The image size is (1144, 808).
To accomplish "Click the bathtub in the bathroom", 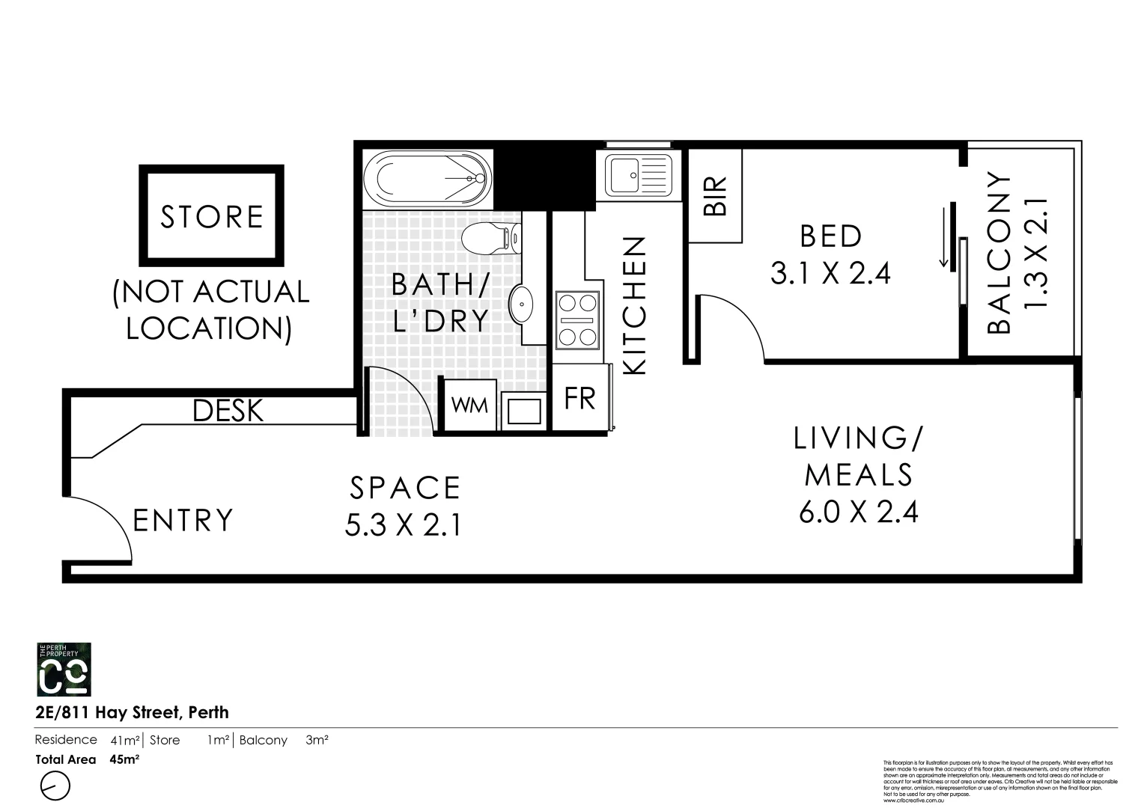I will coord(428,179).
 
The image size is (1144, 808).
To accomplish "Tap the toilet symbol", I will coord(490,239).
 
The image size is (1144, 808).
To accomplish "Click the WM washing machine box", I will coord(470,405).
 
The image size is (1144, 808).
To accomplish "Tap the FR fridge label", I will coord(579,400).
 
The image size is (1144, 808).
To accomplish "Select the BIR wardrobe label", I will coord(715,196).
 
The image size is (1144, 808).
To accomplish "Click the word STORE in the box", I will coord(212,217).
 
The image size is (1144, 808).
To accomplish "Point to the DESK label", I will coord(228,411).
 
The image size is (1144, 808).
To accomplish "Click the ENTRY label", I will coord(183,520).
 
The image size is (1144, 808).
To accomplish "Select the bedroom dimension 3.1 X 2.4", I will coord(830,274).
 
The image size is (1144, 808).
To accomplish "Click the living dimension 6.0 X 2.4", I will coord(859,512).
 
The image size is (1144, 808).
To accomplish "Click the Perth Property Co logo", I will coord(64,670).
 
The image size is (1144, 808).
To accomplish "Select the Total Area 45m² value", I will coord(125,759).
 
